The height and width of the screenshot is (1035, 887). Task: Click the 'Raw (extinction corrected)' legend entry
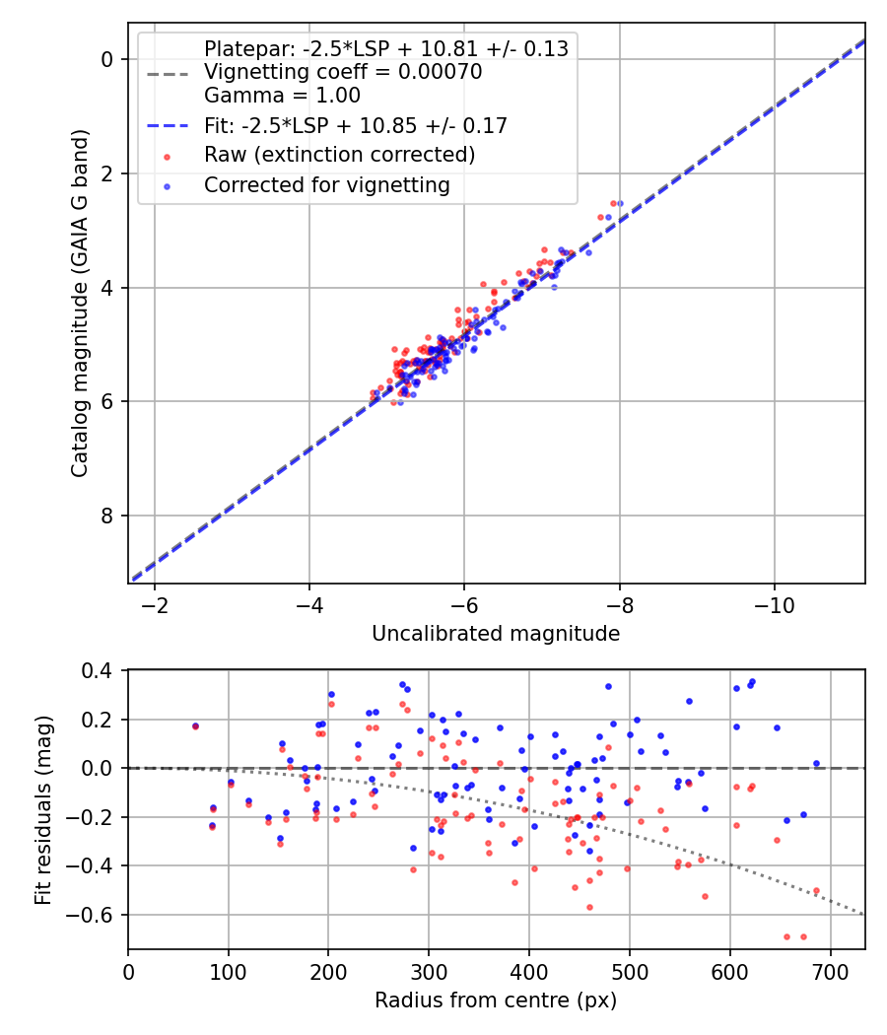click(339, 155)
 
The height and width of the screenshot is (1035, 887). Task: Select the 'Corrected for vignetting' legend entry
click(326, 184)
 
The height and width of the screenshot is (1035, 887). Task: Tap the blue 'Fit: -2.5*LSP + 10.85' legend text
click(355, 125)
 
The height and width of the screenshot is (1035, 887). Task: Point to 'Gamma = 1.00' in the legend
click(282, 96)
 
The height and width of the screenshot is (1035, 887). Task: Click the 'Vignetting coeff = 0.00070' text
click(342, 72)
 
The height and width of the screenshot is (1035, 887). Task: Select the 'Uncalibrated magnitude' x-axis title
click(496, 634)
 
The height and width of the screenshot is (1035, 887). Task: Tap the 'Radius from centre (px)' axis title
click(496, 1000)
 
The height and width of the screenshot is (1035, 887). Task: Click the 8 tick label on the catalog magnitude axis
click(108, 516)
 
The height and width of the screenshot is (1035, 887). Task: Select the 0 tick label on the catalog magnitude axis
click(108, 59)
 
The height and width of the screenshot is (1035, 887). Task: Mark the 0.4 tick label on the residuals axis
click(101, 671)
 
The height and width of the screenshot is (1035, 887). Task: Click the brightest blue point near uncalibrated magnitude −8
click(620, 204)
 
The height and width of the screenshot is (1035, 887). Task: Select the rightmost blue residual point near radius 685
click(816, 763)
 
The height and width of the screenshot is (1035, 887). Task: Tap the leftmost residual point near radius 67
click(195, 725)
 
